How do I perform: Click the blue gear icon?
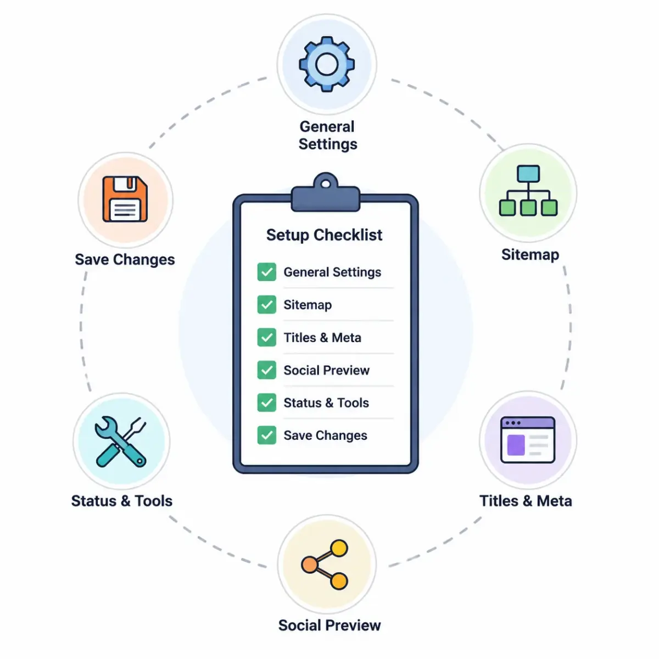[x=327, y=64]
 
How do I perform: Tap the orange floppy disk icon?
[x=125, y=199]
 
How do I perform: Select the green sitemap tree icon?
[x=528, y=191]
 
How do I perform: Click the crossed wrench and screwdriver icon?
[x=120, y=442]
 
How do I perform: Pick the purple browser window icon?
[x=527, y=440]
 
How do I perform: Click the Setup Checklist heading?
[x=324, y=235]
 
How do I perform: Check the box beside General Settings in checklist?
[x=267, y=272]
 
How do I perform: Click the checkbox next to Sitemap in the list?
[x=267, y=304]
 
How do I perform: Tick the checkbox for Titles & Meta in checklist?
[x=267, y=337]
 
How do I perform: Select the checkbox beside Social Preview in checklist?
[x=267, y=370]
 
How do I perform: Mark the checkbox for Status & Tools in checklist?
[x=267, y=403]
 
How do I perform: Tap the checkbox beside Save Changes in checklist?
[x=267, y=435]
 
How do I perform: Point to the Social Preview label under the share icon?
[x=329, y=626]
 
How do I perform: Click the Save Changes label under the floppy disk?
[x=125, y=260]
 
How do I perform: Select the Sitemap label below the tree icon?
[x=530, y=255]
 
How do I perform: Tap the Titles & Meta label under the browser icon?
[x=526, y=501]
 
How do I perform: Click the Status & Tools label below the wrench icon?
[x=122, y=501]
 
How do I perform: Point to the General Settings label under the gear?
[x=328, y=136]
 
